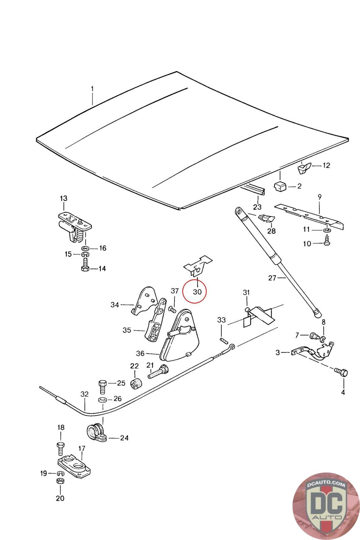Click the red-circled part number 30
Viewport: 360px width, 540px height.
coord(197,291)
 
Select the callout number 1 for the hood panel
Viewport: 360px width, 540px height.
coord(92,89)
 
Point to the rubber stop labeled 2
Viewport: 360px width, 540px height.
coord(280,186)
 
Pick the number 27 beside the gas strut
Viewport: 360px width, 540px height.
coord(272,278)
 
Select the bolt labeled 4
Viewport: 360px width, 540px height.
coord(341,372)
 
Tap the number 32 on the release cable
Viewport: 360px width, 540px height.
coord(84,394)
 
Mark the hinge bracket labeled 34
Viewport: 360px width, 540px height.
coord(144,301)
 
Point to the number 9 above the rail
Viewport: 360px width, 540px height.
coord(320,196)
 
